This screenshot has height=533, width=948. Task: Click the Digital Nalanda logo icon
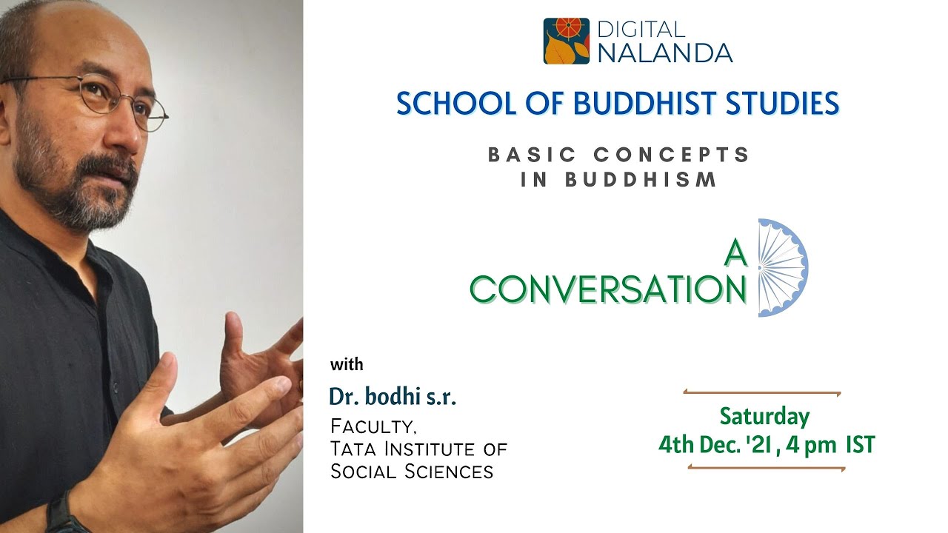(x=566, y=41)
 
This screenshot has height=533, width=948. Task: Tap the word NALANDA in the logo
(x=664, y=53)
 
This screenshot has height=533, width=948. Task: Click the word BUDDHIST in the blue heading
(x=619, y=104)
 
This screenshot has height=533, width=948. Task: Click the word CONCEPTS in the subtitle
(x=672, y=155)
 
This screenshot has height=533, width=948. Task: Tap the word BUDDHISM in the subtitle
(x=641, y=180)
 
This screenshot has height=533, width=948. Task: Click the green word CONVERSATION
(x=608, y=290)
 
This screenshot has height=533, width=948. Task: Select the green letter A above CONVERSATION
(x=735, y=254)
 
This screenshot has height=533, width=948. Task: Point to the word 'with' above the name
(x=347, y=364)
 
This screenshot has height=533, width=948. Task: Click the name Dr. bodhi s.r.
(x=393, y=398)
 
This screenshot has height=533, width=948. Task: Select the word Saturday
(x=765, y=416)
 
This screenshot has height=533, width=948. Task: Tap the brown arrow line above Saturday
(x=762, y=393)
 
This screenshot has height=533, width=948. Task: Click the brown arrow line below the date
(x=767, y=468)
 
